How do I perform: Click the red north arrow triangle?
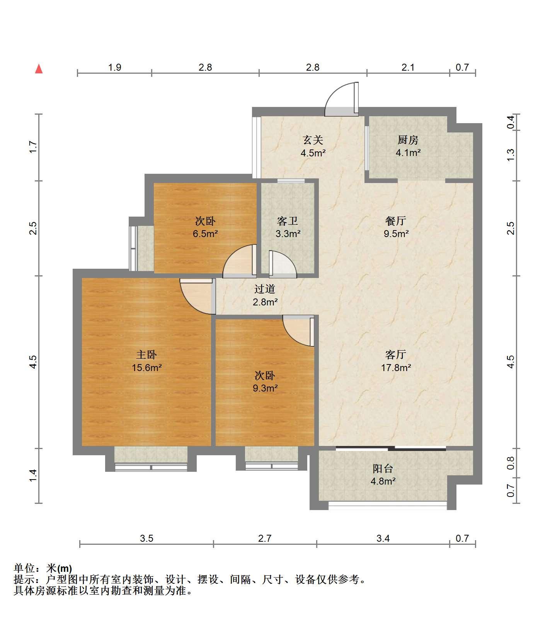tap(39, 69)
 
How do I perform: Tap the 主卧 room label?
tap(146, 354)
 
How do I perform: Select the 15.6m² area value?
tap(146, 368)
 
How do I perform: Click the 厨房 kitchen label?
tap(408, 139)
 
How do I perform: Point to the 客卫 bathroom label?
tap(288, 221)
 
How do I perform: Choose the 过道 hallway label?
tap(265, 289)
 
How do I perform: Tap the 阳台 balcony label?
tap(383, 468)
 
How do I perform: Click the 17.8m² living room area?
tap(396, 368)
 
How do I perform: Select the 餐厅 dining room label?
tap(396, 221)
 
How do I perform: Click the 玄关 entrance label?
tap(313, 139)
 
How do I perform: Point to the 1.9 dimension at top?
tap(115, 68)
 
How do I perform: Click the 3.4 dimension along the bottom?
tap(383, 538)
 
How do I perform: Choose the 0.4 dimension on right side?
tap(511, 122)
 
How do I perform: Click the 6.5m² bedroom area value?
tap(205, 234)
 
